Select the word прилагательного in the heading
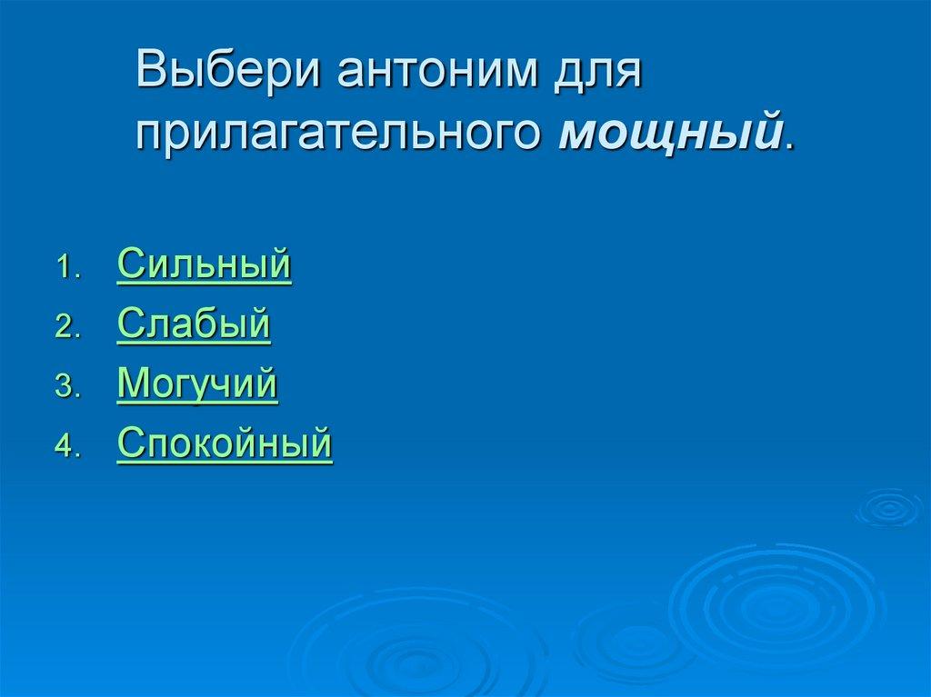(x=339, y=133)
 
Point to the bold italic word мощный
(x=670, y=133)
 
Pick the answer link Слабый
(x=194, y=324)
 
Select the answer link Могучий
(x=197, y=384)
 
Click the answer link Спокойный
(x=225, y=444)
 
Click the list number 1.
(x=67, y=269)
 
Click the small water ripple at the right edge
(x=888, y=508)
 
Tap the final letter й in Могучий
(x=265, y=383)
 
